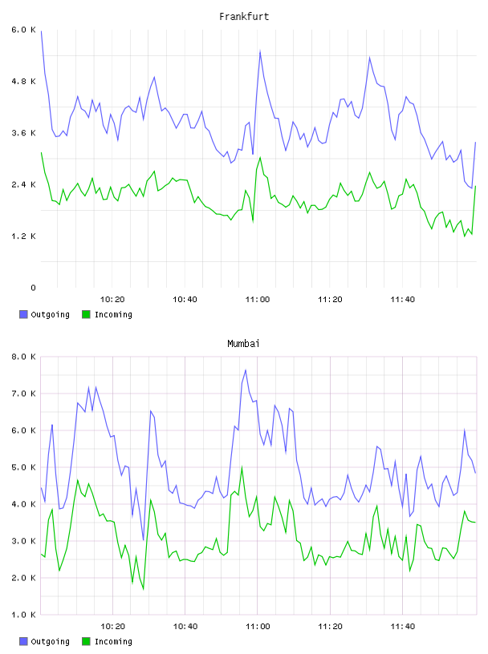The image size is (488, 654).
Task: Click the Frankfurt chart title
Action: pos(244,17)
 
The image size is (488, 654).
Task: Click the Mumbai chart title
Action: pos(243,344)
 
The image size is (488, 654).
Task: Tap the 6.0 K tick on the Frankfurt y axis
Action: pos(23,30)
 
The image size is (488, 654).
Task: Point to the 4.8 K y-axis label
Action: pos(23,81)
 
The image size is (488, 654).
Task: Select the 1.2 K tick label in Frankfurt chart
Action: pos(23,236)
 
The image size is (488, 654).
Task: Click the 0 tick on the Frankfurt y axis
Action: pos(33,288)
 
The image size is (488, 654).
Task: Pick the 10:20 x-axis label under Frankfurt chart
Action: pos(112,300)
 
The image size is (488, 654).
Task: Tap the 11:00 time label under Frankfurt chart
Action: pos(258,300)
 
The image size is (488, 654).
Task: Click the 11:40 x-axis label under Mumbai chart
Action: pos(403,627)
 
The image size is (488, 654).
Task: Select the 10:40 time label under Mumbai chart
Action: pos(185,627)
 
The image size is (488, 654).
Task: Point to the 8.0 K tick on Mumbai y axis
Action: pos(23,357)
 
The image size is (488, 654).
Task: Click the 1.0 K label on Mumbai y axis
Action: pos(23,615)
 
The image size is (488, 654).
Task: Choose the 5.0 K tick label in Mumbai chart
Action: pos(23,467)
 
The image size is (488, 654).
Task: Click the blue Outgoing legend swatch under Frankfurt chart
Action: pos(23,314)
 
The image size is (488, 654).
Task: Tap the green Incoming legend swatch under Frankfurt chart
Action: pos(86,314)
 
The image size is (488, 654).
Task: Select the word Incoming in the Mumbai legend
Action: pos(113,641)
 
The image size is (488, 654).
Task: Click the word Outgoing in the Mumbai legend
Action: pos(50,641)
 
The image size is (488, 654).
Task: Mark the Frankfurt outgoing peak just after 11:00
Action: pos(260,50)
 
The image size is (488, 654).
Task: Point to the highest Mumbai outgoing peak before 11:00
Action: pos(246,370)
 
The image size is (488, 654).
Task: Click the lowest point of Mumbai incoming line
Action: pos(144,589)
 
